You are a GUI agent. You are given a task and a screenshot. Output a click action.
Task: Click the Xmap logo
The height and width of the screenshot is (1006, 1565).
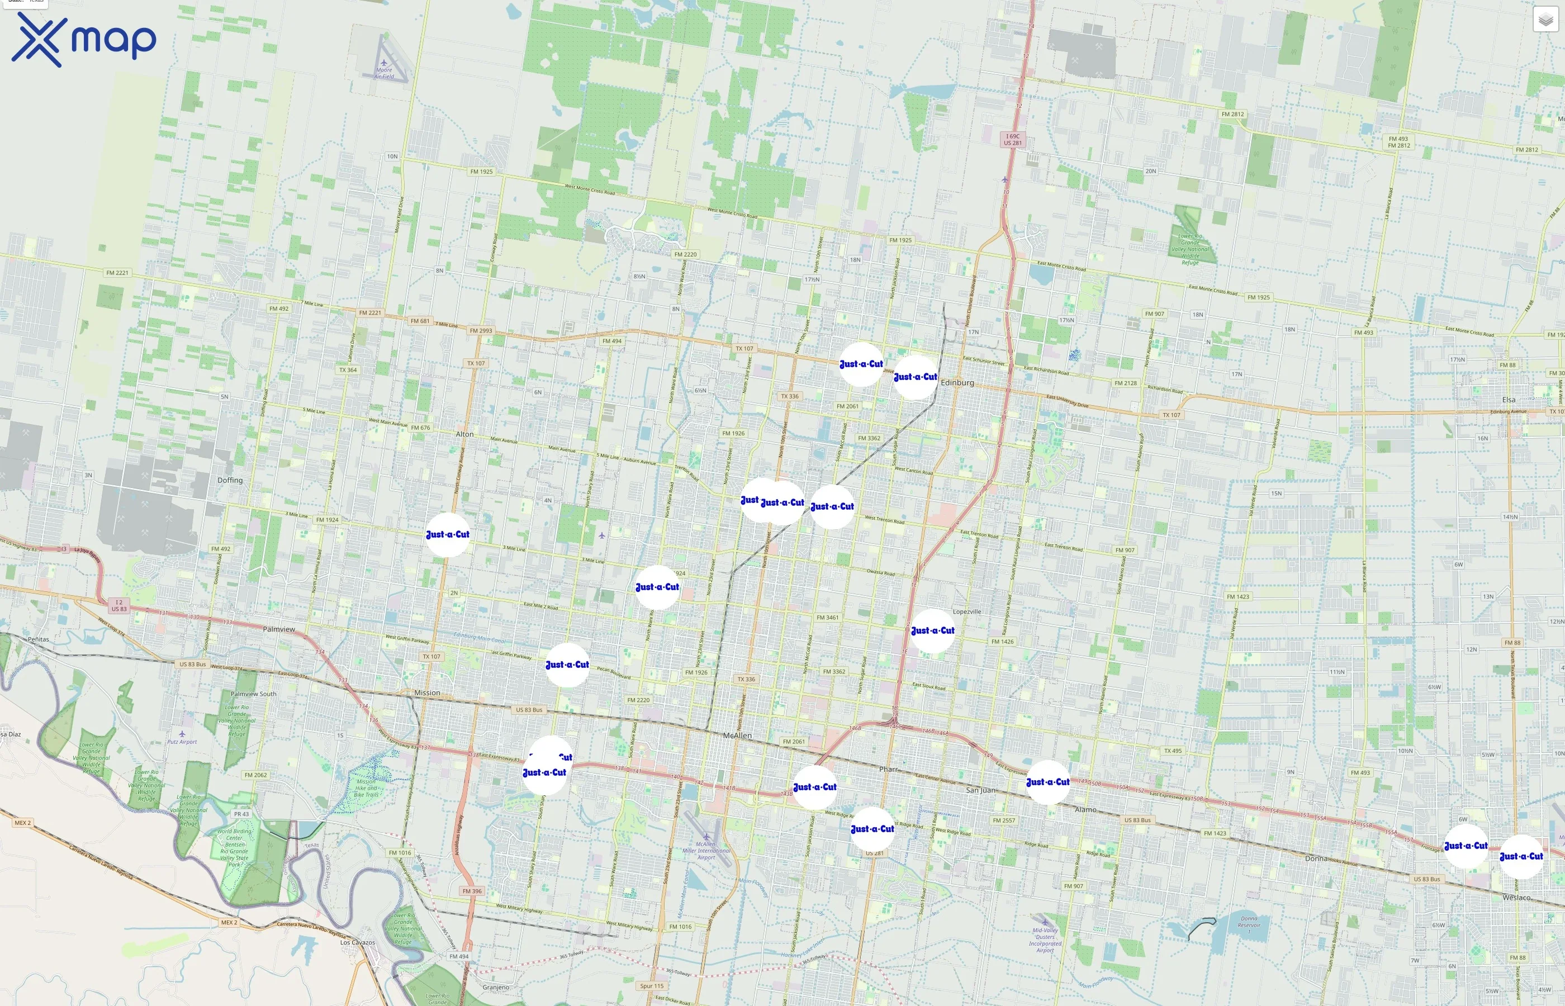tap(84, 40)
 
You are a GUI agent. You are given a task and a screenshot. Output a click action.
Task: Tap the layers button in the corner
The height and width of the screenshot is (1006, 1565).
tap(1545, 20)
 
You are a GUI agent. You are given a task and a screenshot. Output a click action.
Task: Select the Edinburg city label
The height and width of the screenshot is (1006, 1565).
tap(957, 383)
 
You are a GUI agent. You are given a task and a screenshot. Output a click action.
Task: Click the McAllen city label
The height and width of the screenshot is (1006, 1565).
tap(737, 735)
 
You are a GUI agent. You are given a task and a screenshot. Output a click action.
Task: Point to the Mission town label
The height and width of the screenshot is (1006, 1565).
tap(427, 692)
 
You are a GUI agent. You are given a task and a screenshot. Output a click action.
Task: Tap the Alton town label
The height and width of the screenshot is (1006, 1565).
tap(464, 434)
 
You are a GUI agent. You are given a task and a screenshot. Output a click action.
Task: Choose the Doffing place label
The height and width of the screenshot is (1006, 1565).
tap(230, 480)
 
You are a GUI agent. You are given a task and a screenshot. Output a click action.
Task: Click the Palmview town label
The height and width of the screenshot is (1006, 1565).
tap(279, 629)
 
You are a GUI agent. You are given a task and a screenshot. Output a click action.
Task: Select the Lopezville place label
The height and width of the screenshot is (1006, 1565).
tap(967, 612)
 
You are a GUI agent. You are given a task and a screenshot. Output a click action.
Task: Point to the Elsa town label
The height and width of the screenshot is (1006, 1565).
tap(1508, 400)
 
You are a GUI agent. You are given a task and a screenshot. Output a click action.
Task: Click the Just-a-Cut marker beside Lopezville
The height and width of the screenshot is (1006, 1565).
tap(932, 631)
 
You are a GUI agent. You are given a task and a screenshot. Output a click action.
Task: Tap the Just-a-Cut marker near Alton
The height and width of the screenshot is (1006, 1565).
tap(448, 535)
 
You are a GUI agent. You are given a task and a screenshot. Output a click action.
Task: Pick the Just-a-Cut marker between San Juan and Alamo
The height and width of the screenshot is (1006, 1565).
tap(1047, 782)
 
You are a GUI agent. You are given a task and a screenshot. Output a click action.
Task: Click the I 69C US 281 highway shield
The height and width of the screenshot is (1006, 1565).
tap(1012, 140)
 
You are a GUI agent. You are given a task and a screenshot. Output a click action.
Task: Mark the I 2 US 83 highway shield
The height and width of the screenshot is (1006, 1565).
tap(119, 606)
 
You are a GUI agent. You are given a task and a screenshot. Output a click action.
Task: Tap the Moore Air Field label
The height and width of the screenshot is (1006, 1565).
tap(384, 73)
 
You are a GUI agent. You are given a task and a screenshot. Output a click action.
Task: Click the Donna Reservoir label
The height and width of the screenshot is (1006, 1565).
tap(1248, 922)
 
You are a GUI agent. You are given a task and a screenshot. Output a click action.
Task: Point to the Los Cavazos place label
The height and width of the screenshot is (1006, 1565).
tap(357, 943)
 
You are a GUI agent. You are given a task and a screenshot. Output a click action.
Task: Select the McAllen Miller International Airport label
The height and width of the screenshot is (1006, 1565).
tap(706, 851)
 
